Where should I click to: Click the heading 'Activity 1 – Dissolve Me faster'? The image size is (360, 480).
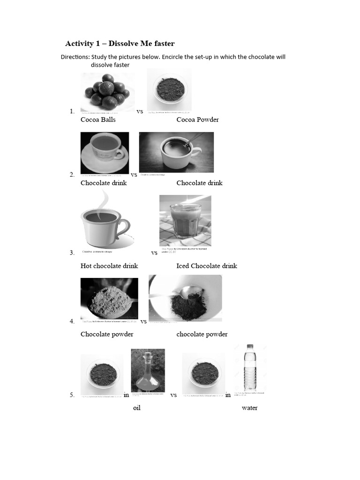click(x=120, y=44)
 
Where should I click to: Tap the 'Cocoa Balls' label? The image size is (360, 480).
click(x=98, y=120)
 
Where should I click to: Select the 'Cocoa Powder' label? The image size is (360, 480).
click(x=197, y=120)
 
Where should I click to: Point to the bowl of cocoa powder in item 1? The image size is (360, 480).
click(x=169, y=90)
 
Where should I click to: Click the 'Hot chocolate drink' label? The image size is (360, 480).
click(x=109, y=266)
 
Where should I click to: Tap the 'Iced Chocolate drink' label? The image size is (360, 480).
click(x=207, y=266)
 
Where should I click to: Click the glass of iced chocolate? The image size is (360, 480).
click(x=185, y=220)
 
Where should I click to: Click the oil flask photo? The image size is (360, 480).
click(x=148, y=370)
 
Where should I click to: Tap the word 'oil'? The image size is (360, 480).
click(x=137, y=408)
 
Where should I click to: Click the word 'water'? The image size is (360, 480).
click(x=249, y=408)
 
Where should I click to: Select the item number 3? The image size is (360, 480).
click(x=72, y=253)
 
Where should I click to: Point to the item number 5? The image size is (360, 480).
click(x=72, y=395)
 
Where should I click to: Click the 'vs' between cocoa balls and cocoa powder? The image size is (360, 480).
click(x=140, y=112)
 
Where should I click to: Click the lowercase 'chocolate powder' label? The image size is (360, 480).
click(x=202, y=334)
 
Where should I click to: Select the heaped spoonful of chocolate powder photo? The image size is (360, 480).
click(x=109, y=299)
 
